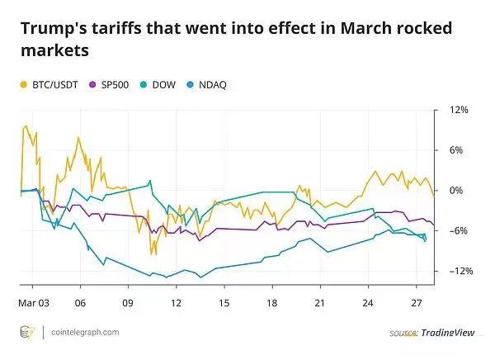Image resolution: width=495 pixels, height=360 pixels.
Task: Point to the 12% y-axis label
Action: click(x=459, y=110)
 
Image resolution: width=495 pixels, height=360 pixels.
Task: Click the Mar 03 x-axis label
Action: click(x=33, y=302)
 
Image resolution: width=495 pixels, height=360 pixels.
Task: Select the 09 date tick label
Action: click(x=128, y=302)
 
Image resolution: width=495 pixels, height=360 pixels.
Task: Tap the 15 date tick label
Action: click(x=224, y=302)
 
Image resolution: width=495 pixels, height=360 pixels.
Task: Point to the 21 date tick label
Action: click(x=320, y=302)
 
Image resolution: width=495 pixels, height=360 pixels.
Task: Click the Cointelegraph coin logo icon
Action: click(x=27, y=332)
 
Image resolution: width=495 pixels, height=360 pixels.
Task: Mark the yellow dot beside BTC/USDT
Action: click(x=23, y=84)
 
